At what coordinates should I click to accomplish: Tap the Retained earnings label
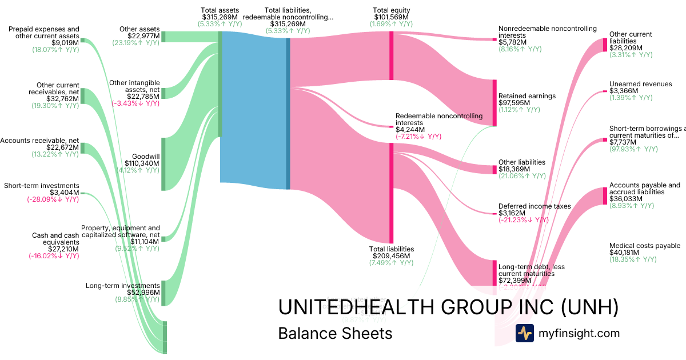tap(527, 96)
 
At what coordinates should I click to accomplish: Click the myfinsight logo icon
tap(524, 333)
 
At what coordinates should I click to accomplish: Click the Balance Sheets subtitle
tap(335, 333)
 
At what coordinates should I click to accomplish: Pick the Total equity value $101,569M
tap(391, 17)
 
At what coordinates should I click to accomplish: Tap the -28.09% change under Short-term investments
tap(53, 200)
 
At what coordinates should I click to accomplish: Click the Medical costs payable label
tap(645, 246)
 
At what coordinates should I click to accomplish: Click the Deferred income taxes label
tap(535, 206)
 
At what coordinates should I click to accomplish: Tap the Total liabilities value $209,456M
tap(391, 256)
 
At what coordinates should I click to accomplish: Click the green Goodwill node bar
tap(163, 164)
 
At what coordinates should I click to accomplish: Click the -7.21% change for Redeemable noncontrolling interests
tap(418, 137)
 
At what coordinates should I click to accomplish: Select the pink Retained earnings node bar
tap(494, 103)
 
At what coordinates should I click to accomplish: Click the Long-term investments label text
tap(122, 286)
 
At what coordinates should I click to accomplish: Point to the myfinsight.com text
tap(579, 333)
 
